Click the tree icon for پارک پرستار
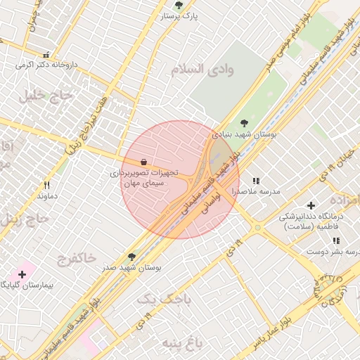(179, 4)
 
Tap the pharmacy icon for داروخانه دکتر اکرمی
(46, 54)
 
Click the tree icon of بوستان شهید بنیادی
(244, 123)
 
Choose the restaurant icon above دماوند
(46, 185)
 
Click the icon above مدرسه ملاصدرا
(256, 181)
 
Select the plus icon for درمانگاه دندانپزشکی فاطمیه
(311, 205)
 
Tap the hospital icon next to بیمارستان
(22, 274)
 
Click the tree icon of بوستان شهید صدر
(131, 257)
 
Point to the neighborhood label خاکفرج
(73, 258)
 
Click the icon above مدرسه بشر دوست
(336, 240)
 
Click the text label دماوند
(46, 196)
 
